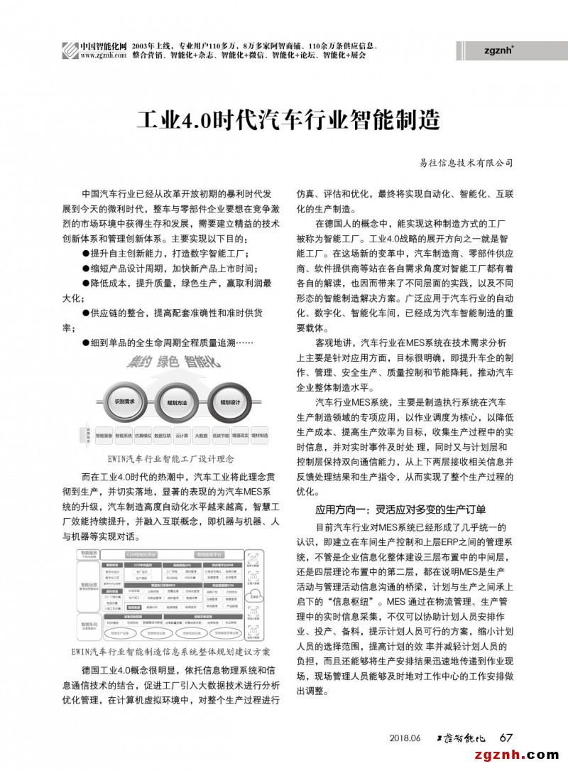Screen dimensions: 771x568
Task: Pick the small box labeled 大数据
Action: (x=201, y=435)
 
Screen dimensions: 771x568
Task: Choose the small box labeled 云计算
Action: (x=182, y=435)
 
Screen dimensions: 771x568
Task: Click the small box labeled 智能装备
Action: (x=104, y=435)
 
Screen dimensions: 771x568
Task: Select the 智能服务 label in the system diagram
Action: (x=89, y=552)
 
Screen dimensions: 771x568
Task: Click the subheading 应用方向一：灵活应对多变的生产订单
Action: (x=400, y=509)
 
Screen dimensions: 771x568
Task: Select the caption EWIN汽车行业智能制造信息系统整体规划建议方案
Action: (x=171, y=651)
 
